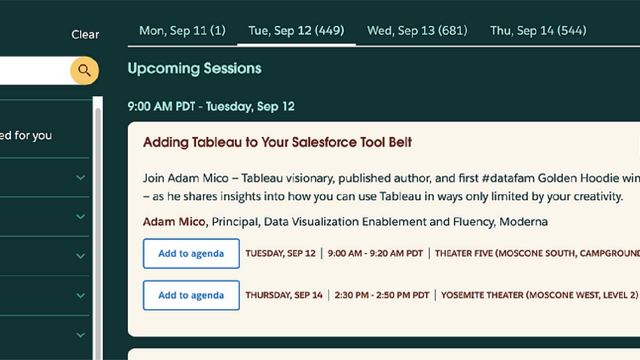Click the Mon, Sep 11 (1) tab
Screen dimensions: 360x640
tap(182, 31)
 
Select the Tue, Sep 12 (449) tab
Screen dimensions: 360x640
tap(296, 31)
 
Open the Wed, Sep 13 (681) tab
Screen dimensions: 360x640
tap(417, 31)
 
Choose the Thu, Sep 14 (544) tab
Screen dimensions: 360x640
tap(538, 31)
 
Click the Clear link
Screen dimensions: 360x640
tap(85, 35)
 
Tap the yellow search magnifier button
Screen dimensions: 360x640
tap(85, 70)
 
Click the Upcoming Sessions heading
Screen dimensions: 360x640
tap(194, 69)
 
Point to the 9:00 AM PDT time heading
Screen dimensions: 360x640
tap(211, 106)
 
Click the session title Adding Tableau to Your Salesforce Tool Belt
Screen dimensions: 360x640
tap(277, 142)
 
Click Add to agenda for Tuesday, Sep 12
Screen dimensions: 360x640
tap(191, 254)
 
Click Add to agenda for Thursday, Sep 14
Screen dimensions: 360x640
tap(191, 295)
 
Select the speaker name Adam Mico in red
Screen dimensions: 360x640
tap(174, 222)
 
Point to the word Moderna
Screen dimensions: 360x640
tap(523, 222)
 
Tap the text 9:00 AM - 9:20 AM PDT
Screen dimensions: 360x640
tap(375, 253)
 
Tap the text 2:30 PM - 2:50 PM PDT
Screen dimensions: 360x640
tap(382, 295)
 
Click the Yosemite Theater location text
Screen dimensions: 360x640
tap(539, 295)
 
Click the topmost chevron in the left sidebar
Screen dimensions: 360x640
tap(80, 178)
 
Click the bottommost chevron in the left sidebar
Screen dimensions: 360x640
tap(80, 335)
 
